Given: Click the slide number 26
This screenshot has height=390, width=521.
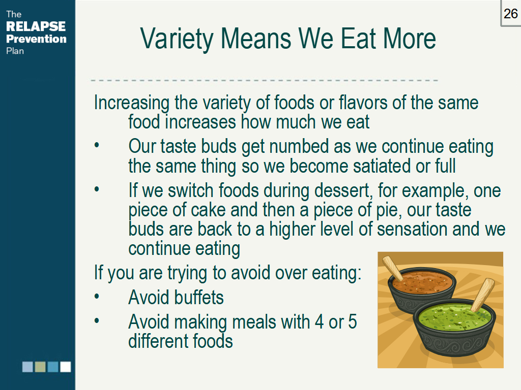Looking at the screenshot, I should [x=510, y=14].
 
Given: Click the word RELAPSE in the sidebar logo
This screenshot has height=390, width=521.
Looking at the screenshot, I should [x=36, y=26].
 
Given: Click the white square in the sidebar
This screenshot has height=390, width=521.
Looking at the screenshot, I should [x=66, y=367].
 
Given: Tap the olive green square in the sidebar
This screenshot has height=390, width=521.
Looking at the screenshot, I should [x=40, y=367].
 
